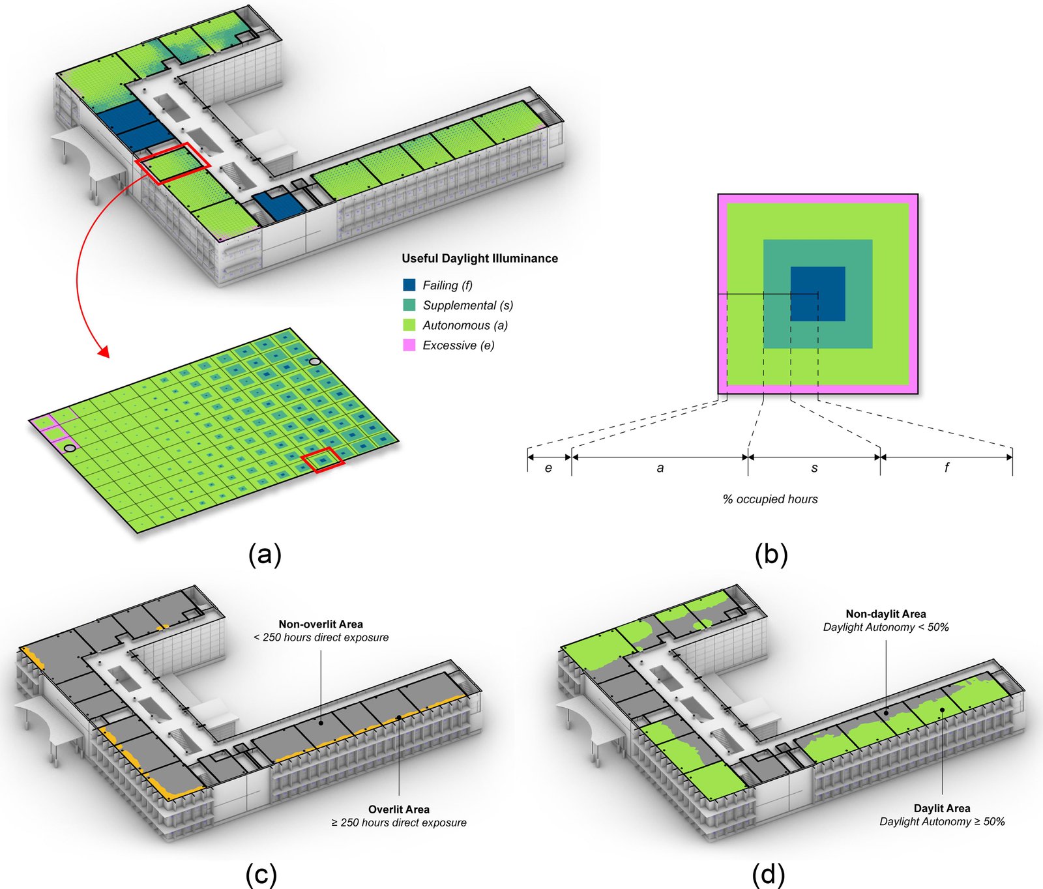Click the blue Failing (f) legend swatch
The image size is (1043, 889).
(x=409, y=285)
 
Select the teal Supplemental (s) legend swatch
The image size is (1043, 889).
(x=409, y=305)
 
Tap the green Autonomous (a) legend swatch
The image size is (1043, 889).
(x=409, y=325)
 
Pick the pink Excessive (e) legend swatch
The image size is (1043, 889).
(x=409, y=345)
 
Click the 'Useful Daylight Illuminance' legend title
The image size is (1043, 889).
(x=480, y=258)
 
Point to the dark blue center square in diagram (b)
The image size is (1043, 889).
(x=818, y=294)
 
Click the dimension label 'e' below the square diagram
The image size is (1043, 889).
(x=548, y=468)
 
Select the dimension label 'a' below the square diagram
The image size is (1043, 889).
(x=660, y=468)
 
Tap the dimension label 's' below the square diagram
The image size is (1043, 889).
(x=814, y=468)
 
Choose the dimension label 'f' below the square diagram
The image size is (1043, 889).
(x=947, y=467)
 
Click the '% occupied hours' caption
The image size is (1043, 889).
(x=770, y=499)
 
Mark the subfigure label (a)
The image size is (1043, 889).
(x=265, y=555)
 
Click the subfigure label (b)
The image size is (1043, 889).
(x=771, y=555)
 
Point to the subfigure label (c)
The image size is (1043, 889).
(x=261, y=874)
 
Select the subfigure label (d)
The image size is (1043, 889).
(x=769, y=874)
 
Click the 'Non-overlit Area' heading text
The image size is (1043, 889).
(x=321, y=624)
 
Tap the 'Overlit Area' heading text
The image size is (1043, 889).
(x=399, y=809)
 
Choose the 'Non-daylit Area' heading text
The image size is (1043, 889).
(x=886, y=614)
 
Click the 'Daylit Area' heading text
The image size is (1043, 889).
(x=942, y=808)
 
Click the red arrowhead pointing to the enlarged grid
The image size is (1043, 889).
(x=102, y=353)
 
